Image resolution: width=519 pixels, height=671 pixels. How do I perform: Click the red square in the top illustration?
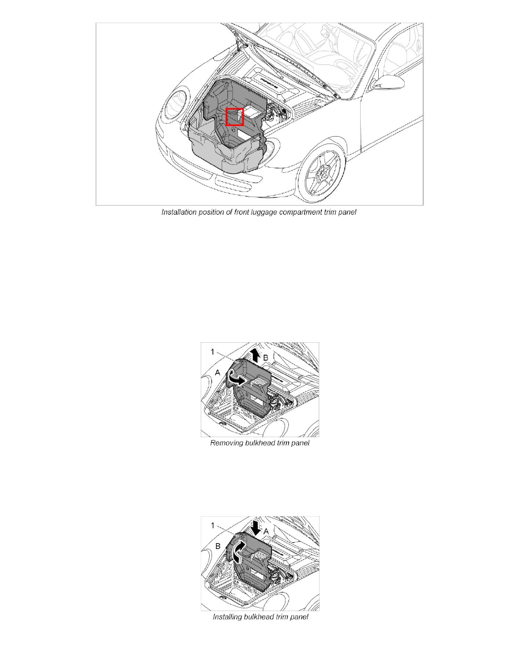tap(235, 117)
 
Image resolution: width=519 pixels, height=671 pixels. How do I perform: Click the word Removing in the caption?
tap(227, 444)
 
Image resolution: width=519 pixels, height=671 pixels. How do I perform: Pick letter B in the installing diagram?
tap(218, 546)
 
